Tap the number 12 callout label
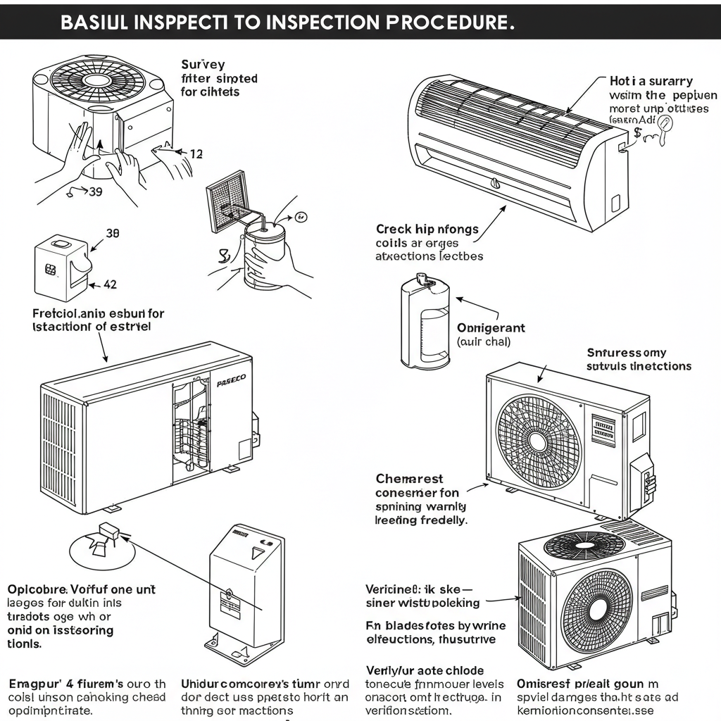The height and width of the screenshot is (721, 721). [196, 153]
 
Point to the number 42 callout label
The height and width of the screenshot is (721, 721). [110, 285]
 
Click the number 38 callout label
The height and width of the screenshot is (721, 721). [112, 232]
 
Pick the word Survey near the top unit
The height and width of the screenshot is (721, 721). [203, 64]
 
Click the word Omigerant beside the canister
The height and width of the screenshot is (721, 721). [491, 328]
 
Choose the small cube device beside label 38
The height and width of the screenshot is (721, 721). [61, 264]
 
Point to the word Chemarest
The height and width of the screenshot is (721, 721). [409, 479]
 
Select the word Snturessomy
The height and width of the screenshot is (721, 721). [626, 353]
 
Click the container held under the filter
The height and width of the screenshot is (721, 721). [268, 255]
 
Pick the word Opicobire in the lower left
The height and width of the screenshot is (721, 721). [37, 589]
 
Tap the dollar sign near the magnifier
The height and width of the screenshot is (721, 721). [637, 132]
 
